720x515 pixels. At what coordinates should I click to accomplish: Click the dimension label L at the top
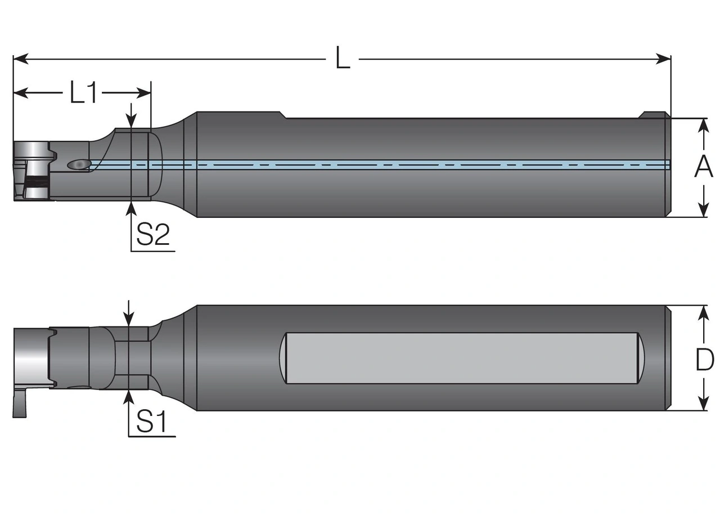343,59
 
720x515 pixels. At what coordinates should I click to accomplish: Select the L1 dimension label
84,92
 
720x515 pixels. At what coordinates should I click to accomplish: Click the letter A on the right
703,167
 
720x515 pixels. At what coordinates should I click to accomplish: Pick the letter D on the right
704,360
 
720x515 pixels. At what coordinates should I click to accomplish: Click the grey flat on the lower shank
461,358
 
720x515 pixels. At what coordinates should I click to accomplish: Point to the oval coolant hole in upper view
78,164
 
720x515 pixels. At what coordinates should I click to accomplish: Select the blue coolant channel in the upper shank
394,164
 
